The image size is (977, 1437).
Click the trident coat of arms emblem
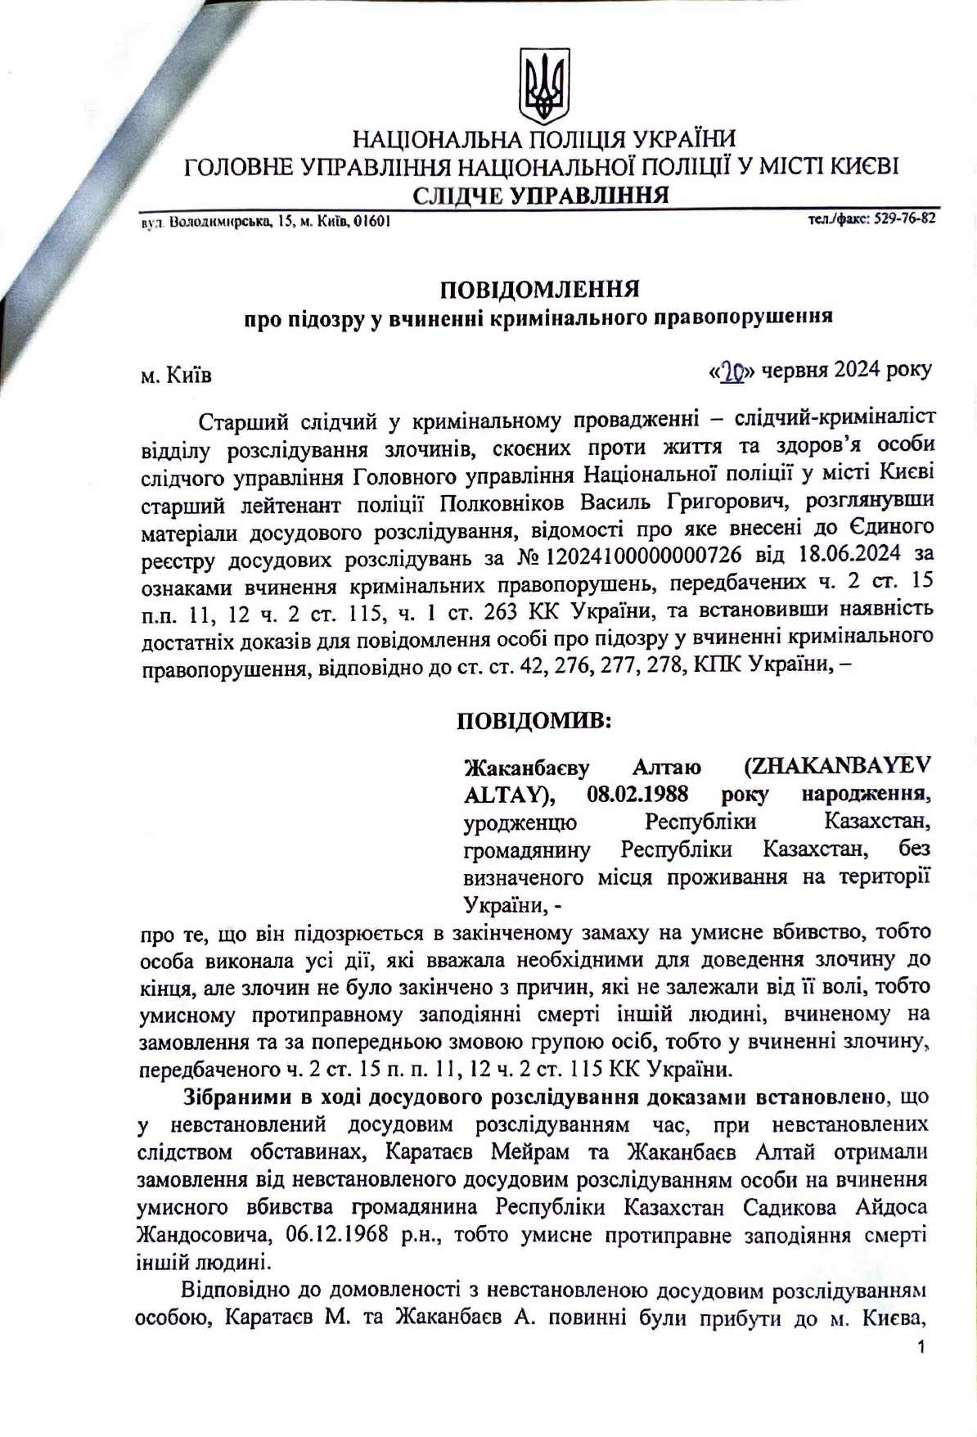pos(544,86)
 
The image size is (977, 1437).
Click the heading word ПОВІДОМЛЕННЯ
pos(539,290)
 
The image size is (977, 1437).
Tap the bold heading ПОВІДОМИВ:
pos(534,721)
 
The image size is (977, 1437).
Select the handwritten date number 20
pos(731,372)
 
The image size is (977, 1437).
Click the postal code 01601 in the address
pos(371,221)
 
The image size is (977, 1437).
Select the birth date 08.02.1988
pos(637,794)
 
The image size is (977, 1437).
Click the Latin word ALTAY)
pos(510,794)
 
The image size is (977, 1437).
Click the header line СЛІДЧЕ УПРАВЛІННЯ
pos(540,196)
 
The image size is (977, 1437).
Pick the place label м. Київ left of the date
pos(176,375)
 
